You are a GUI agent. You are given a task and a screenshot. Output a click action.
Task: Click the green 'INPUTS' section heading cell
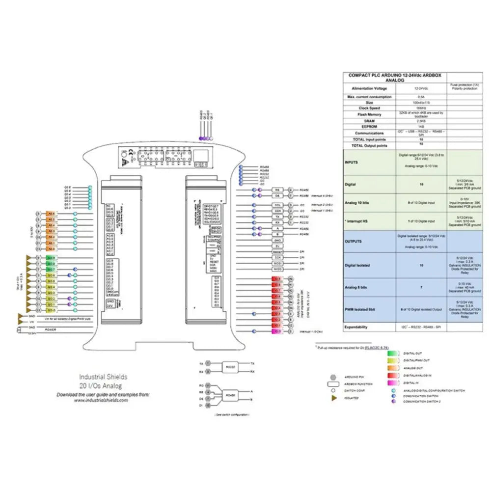click(x=352, y=162)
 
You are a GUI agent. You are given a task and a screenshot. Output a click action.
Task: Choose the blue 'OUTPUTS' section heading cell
click(x=354, y=242)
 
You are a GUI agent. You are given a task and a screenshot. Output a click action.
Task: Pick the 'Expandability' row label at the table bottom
click(x=363, y=327)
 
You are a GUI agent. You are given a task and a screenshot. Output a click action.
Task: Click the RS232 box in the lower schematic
click(x=229, y=366)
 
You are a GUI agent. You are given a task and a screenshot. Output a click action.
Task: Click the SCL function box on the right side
click(x=277, y=205)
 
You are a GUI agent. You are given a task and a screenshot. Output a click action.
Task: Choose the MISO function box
click(x=277, y=269)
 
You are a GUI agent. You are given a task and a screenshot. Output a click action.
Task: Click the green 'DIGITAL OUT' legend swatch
click(x=392, y=353)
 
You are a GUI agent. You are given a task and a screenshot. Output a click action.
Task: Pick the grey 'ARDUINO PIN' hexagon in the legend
click(x=333, y=377)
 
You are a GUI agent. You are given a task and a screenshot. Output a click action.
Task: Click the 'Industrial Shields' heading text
click(x=103, y=377)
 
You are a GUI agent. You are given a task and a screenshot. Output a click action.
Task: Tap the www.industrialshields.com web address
click(x=101, y=400)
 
